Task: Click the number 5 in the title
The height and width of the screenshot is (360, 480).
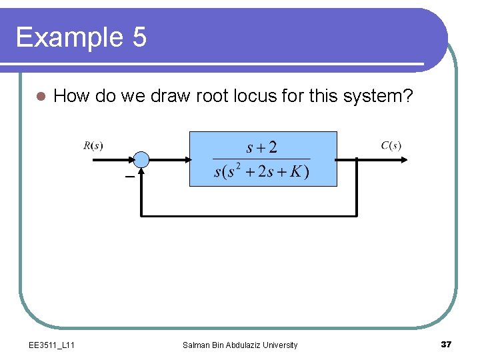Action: coord(139,37)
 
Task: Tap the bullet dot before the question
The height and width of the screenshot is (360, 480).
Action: coord(41,97)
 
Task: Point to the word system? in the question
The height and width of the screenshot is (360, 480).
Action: coord(378,96)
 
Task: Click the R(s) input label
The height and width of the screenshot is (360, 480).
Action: coord(93,145)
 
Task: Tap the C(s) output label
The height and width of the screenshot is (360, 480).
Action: coord(391,145)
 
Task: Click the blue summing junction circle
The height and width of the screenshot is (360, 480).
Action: coord(141,159)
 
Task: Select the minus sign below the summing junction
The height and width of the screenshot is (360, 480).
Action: coord(129,177)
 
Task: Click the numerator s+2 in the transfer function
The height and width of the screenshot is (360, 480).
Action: coord(261,147)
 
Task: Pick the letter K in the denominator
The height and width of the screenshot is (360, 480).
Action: coord(295,171)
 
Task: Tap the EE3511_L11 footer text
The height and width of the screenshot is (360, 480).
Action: coord(52,345)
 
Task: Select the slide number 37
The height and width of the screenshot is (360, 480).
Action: coord(446,344)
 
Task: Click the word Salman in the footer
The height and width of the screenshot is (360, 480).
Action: coord(196,345)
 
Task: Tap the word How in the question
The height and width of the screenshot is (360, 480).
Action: coord(71,96)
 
